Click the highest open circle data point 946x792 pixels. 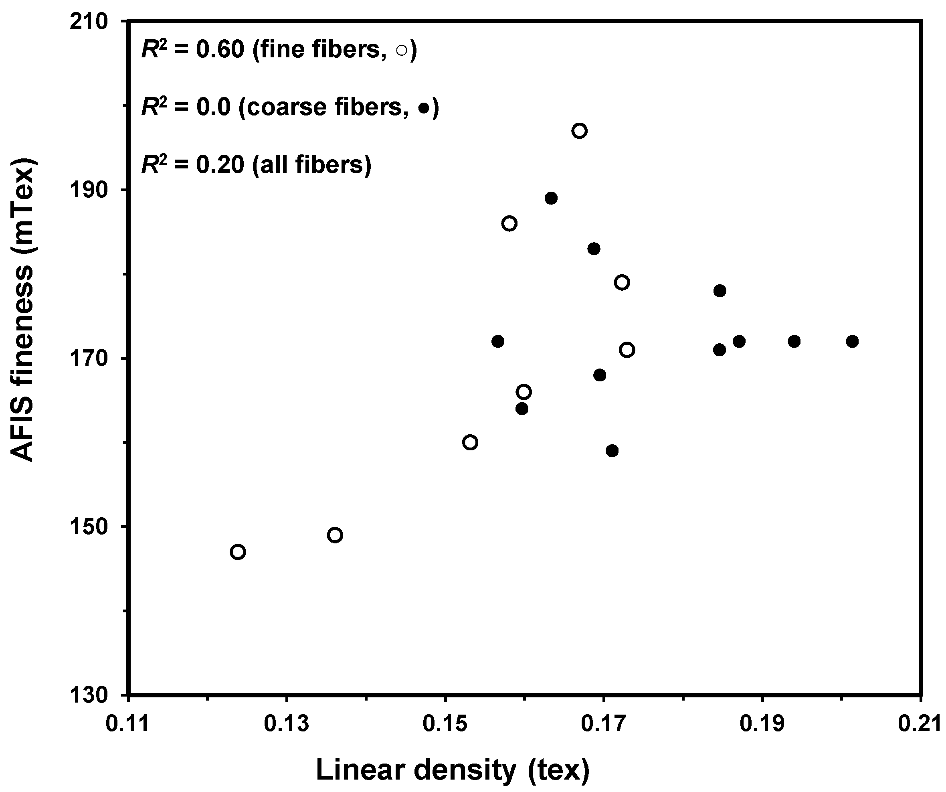pyautogui.click(x=579, y=131)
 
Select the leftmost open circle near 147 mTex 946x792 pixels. pyautogui.click(x=238, y=552)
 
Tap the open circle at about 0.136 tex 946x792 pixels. pyautogui.click(x=335, y=535)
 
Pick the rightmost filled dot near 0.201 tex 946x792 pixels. pyautogui.click(x=852, y=341)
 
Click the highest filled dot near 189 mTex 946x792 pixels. pyautogui.click(x=551, y=199)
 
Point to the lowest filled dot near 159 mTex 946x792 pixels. pyautogui.click(x=612, y=451)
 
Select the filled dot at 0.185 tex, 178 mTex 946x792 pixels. pyautogui.click(x=720, y=291)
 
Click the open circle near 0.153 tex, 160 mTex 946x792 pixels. pyautogui.click(x=470, y=443)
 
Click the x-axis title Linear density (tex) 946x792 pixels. pyautogui.click(x=453, y=770)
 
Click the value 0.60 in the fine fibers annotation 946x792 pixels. pyautogui.click(x=220, y=49)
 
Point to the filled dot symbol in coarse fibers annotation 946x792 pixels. pyautogui.click(x=423, y=108)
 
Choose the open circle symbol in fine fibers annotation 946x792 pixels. pyautogui.click(x=401, y=51)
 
